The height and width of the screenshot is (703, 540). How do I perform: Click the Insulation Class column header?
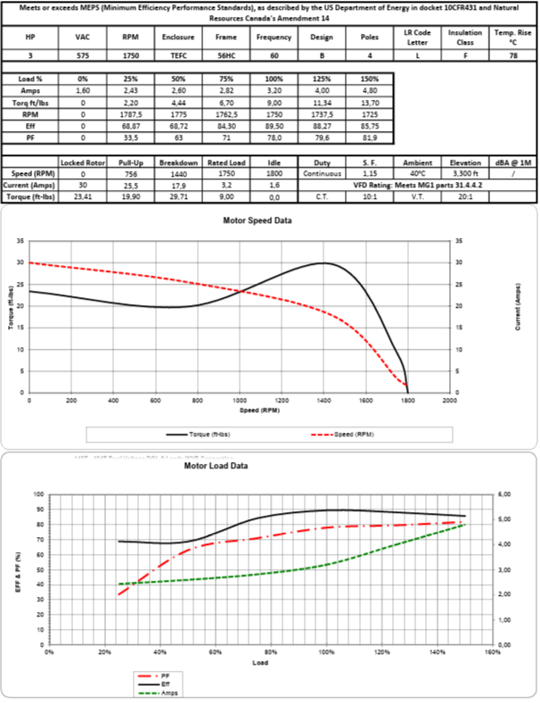[x=466, y=37]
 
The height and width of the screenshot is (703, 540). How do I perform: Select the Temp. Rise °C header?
[x=514, y=37]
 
